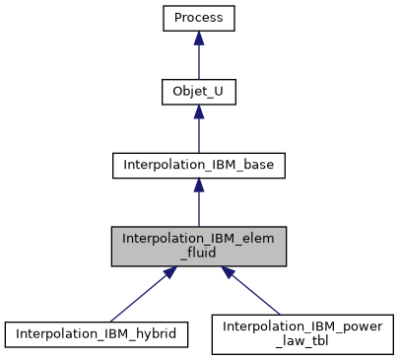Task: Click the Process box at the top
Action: click(x=199, y=19)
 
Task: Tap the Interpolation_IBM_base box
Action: click(x=199, y=165)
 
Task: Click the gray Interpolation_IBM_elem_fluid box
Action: click(x=199, y=246)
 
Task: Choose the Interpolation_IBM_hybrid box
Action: click(x=96, y=334)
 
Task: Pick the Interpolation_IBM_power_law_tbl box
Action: click(x=302, y=334)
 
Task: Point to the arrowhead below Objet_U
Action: click(x=199, y=111)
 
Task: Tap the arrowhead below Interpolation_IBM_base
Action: click(x=199, y=184)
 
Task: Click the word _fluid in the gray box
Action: click(x=199, y=252)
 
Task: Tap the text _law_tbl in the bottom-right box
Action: click(x=302, y=341)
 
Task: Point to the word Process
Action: click(x=199, y=19)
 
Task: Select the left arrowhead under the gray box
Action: click(x=169, y=272)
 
